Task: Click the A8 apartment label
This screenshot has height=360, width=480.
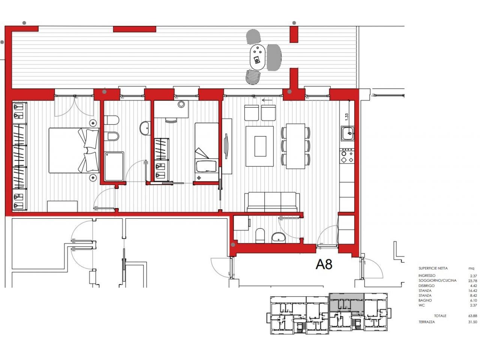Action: click(x=324, y=264)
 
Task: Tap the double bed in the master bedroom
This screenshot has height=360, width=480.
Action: click(x=74, y=150)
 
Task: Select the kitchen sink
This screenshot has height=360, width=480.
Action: click(x=347, y=133)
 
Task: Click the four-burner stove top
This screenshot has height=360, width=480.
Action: click(x=347, y=156)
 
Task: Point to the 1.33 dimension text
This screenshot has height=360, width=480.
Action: click(x=346, y=117)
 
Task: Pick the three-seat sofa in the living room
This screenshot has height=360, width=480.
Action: click(x=272, y=202)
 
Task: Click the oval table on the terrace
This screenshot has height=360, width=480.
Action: click(x=258, y=57)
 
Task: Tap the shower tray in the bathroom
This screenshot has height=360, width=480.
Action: click(x=114, y=166)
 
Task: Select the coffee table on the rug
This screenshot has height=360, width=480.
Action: click(x=260, y=146)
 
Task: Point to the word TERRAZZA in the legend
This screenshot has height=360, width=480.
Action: click(x=426, y=322)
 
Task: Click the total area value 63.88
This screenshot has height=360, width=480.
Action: click(x=473, y=316)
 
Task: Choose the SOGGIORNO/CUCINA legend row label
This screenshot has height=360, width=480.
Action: click(x=437, y=280)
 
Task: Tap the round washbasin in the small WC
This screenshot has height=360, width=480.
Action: click(x=278, y=238)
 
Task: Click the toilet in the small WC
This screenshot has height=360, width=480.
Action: click(x=260, y=235)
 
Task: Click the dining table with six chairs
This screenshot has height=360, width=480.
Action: click(x=295, y=146)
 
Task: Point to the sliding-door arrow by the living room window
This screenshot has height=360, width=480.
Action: click(x=267, y=100)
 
